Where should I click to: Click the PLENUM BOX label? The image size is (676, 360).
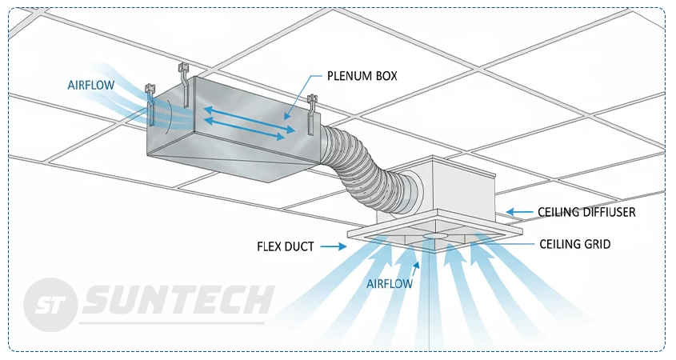tap(362, 76)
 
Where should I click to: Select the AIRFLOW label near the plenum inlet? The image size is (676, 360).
tap(90, 85)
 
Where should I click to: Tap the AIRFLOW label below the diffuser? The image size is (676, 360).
tap(390, 283)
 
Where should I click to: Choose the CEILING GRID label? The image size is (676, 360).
tap(574, 244)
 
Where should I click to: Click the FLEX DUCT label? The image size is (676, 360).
tap(286, 247)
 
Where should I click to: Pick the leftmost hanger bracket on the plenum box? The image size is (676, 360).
tap(150, 102)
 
